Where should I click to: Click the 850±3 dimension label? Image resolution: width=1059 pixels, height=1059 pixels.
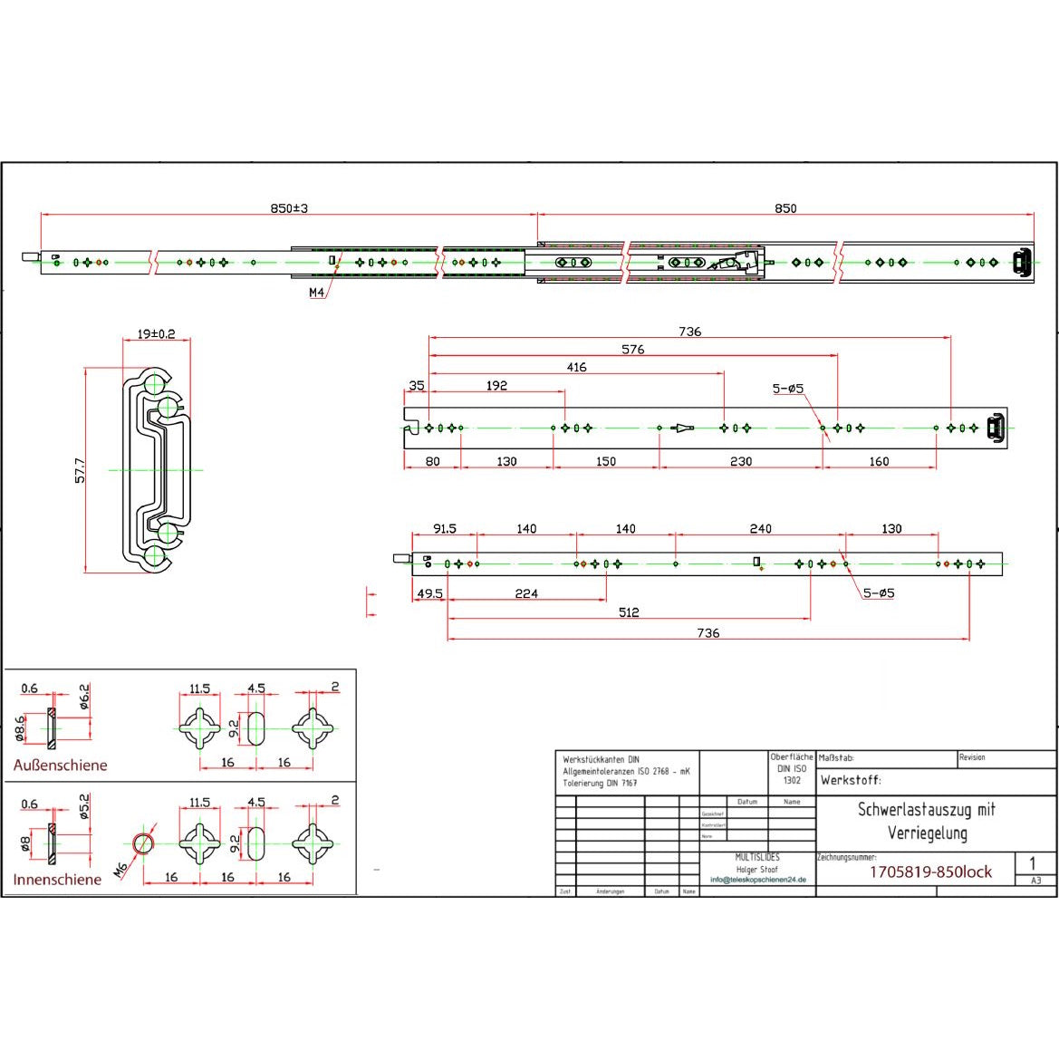point(290,208)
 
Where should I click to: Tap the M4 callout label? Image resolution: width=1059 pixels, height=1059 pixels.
point(316,293)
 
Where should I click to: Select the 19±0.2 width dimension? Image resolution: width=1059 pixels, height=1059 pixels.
point(157,334)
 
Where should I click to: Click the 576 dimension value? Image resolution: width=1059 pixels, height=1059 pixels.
point(632,350)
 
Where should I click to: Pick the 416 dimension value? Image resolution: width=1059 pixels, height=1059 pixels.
point(576,367)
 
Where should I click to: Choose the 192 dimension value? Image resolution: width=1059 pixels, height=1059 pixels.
point(496,385)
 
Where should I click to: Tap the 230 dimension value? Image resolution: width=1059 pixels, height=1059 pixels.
point(741,461)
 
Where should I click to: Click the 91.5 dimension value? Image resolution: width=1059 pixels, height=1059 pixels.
point(445,528)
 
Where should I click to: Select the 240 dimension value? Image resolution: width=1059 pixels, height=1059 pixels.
point(761,528)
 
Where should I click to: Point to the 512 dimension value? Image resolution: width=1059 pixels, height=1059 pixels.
point(629,612)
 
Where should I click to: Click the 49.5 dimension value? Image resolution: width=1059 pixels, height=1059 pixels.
point(429,593)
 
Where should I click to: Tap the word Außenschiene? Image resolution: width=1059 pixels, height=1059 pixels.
point(60,765)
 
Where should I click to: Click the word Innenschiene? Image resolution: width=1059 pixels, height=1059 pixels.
point(57,880)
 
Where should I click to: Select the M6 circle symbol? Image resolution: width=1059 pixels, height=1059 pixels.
point(142,844)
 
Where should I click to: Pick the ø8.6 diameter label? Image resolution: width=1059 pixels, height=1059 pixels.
point(20,727)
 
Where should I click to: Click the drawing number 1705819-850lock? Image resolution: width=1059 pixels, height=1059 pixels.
point(930,872)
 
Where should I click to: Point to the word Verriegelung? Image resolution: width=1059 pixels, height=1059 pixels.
point(927,833)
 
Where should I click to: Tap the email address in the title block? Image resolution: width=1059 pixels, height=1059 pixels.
point(757,880)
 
